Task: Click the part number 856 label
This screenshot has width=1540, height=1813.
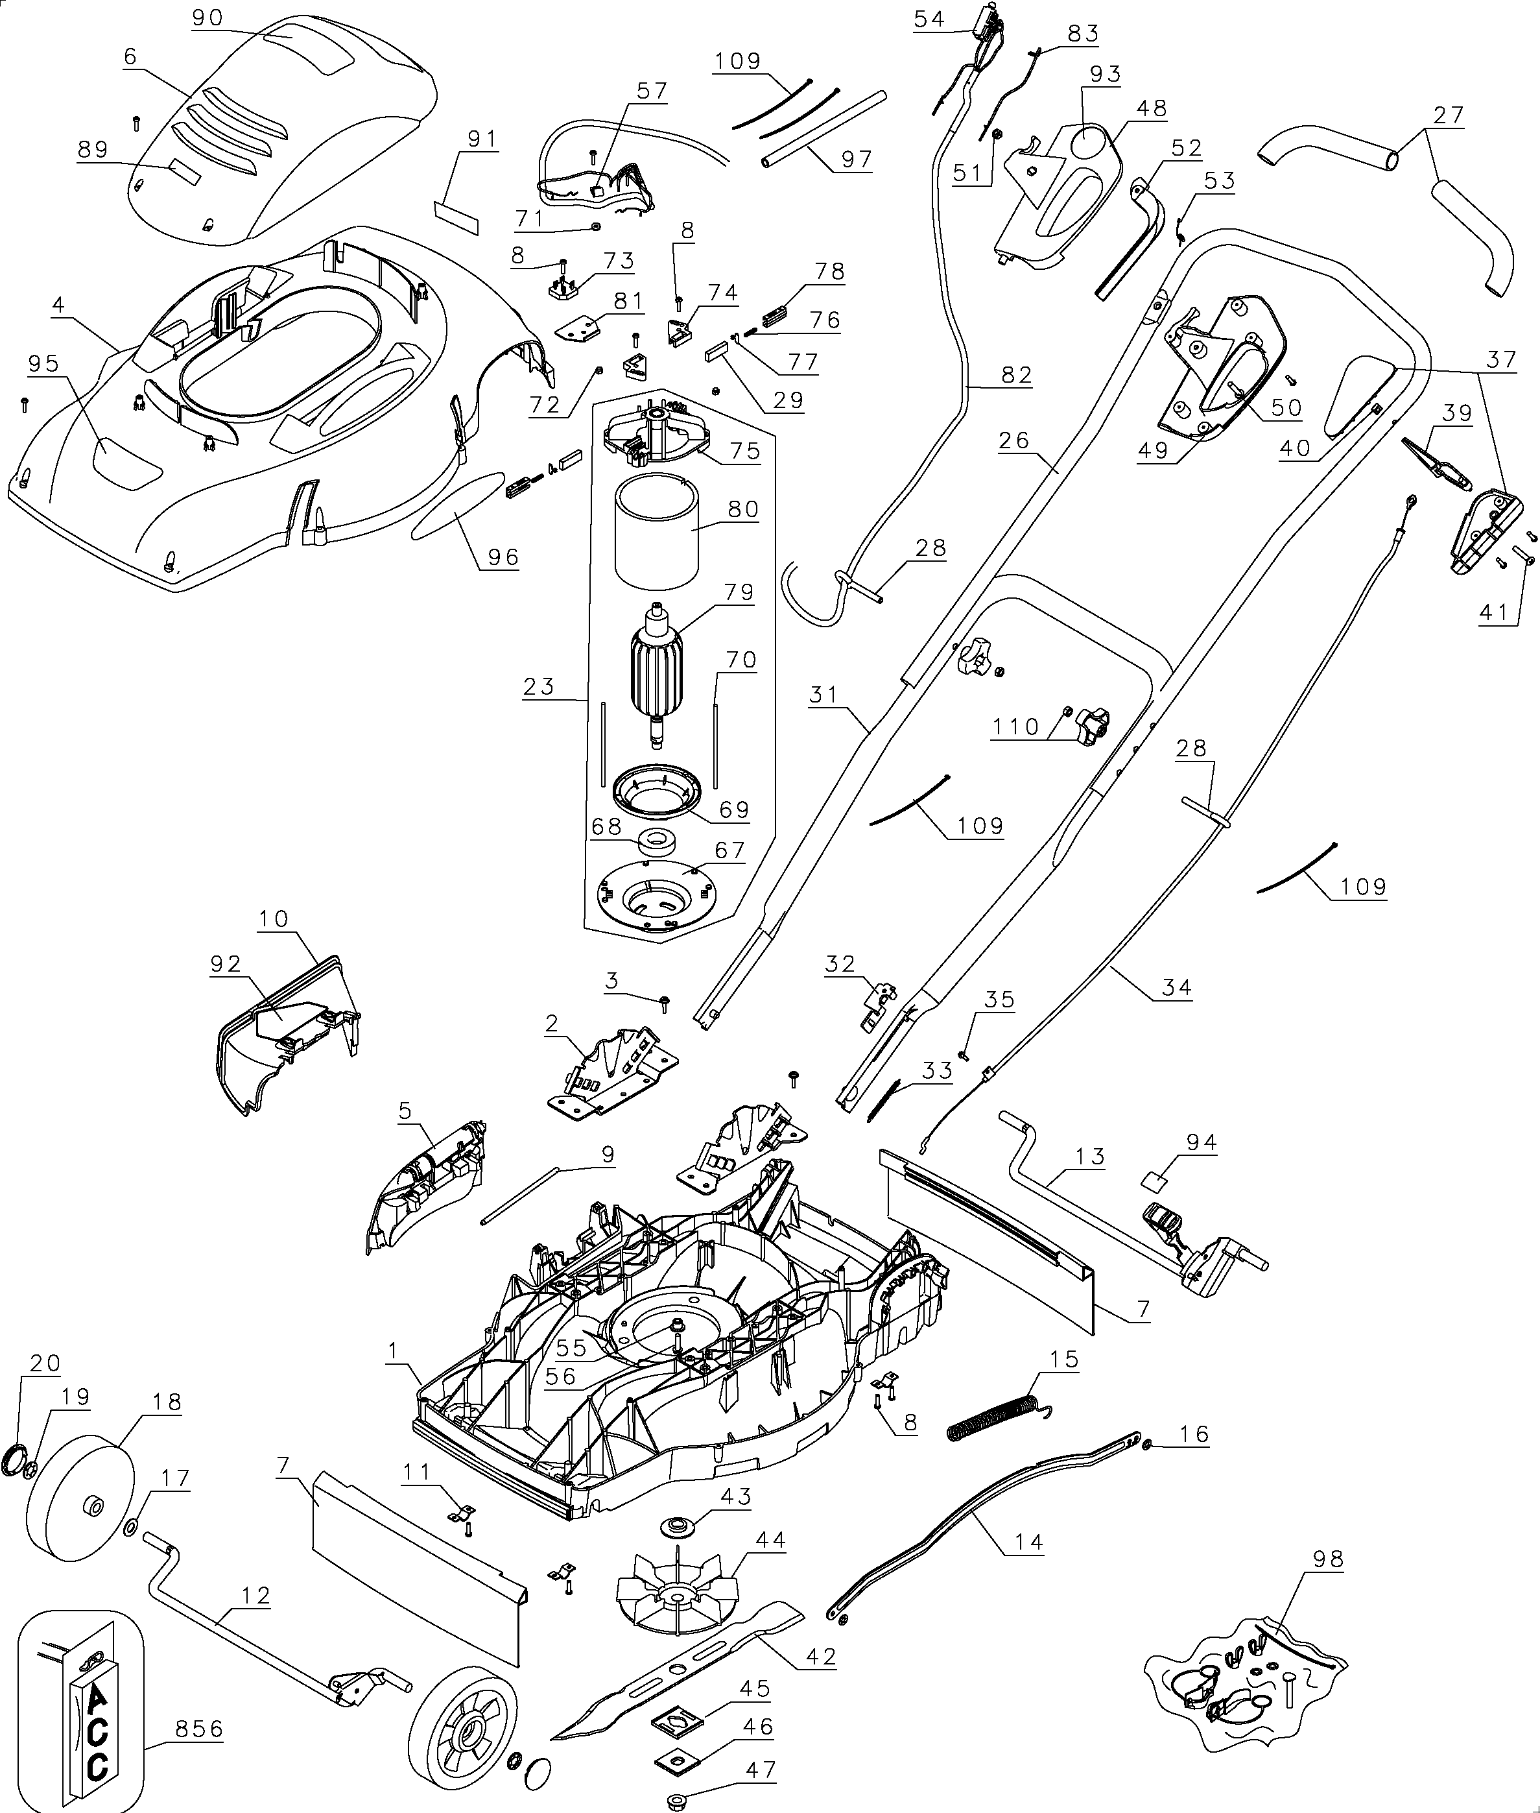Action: pyautogui.click(x=199, y=1728)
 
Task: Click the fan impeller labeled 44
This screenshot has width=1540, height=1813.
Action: pyautogui.click(x=676, y=1594)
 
